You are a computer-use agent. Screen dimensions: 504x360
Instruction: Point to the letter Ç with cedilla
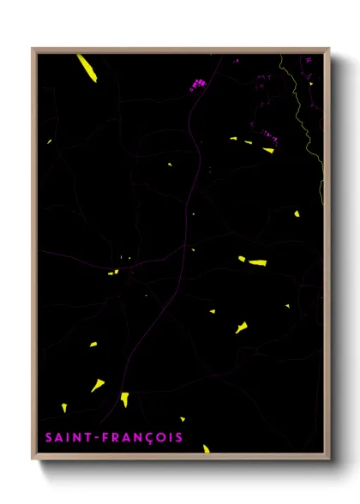[147, 439]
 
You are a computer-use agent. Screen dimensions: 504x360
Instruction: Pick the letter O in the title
[159, 438]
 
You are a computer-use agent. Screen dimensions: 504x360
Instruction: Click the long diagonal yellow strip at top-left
[85, 67]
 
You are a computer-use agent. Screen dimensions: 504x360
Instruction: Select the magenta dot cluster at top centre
[198, 84]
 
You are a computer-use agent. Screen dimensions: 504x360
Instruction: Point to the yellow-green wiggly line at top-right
[309, 111]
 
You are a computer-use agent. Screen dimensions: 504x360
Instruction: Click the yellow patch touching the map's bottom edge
[206, 448]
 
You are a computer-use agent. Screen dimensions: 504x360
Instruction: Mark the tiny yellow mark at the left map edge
[50, 141]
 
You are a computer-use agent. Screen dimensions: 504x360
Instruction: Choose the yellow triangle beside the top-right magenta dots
[268, 149]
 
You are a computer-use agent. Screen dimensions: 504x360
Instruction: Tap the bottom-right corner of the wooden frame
[328, 459]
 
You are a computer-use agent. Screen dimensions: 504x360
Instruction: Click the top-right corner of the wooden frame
[328, 49]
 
